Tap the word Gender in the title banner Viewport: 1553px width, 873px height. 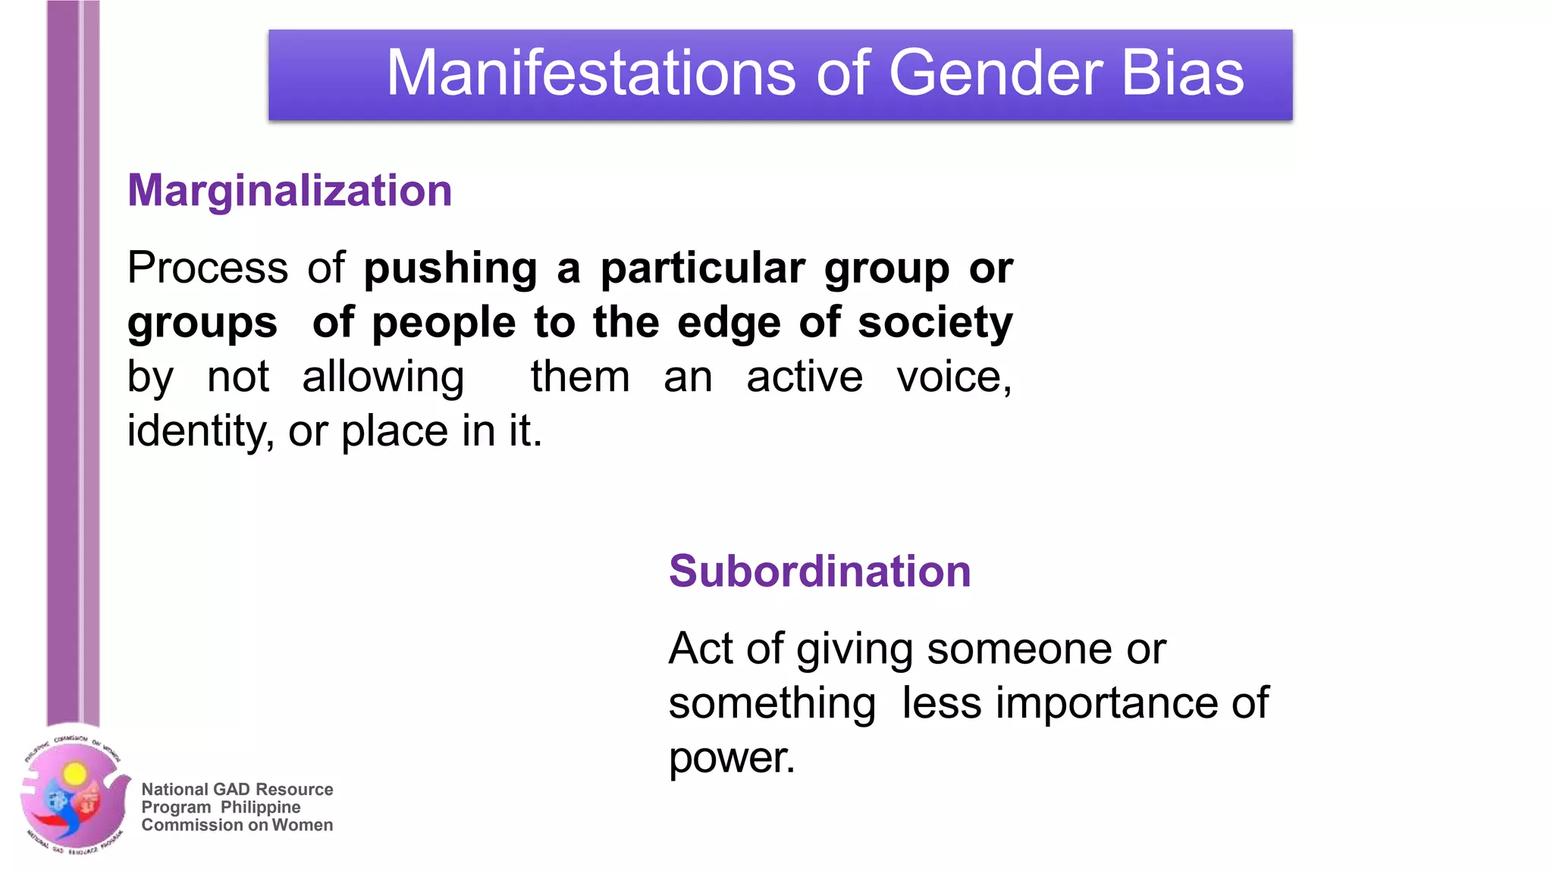[x=996, y=73]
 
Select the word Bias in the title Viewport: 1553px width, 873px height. [x=1182, y=73]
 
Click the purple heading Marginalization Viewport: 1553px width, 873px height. [x=290, y=190]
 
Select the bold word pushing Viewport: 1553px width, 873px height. [x=450, y=269]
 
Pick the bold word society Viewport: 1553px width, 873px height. [x=935, y=324]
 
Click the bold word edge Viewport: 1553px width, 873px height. [x=729, y=324]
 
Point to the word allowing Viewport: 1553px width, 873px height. [x=383, y=377]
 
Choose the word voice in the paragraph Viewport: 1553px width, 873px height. [x=953, y=377]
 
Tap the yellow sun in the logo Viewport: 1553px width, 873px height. [x=74, y=774]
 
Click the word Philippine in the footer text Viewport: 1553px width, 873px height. [x=260, y=807]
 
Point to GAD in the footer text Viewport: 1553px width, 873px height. [x=231, y=790]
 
